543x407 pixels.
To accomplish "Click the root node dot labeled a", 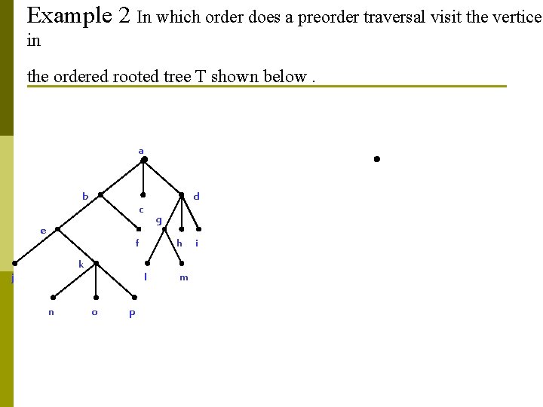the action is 144,160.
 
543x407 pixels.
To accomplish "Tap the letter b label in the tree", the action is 85,197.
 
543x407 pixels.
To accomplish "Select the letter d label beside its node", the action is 196,197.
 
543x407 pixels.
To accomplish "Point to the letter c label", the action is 140,209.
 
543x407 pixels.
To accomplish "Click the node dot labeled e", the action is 57,229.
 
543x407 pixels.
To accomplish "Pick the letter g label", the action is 158,221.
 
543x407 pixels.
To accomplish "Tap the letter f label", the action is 137,243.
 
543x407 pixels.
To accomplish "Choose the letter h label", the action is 179,243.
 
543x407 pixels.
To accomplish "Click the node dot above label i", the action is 198,229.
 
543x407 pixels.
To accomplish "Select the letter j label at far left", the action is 12,279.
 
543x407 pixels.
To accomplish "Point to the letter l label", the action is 145,277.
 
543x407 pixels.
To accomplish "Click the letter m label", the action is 183,278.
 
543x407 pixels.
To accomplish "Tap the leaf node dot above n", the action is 53,297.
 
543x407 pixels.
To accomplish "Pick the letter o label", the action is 94,312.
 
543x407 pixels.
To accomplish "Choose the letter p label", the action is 132,314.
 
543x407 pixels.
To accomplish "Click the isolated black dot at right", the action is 376,159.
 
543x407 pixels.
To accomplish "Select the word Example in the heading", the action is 71,15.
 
